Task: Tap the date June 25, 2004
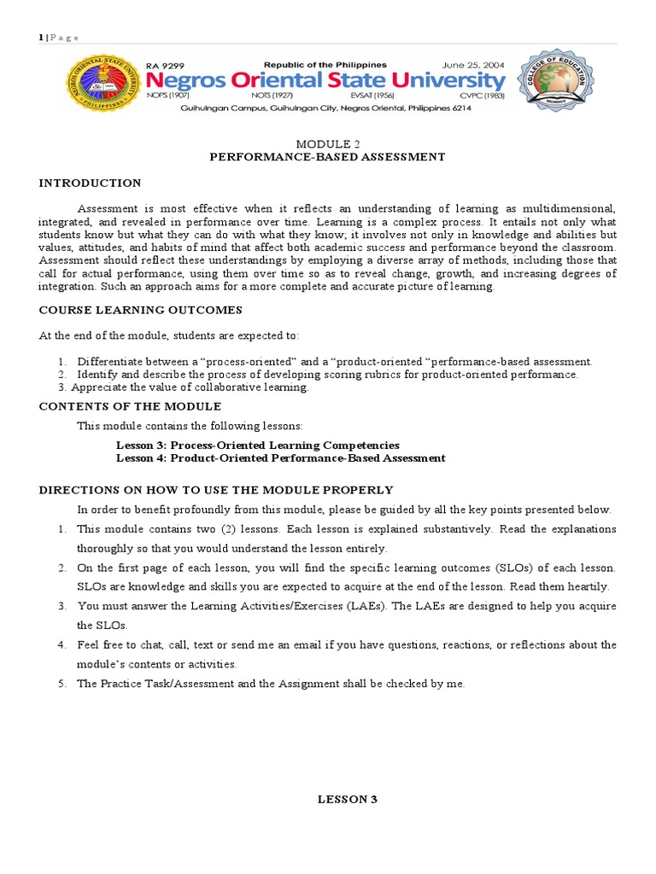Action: (472, 65)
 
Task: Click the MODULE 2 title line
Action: (327, 143)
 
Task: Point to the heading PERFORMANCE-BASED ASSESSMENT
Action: (328, 156)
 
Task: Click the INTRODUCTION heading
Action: (91, 184)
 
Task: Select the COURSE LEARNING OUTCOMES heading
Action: (141, 310)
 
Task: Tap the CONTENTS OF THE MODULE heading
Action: (130, 406)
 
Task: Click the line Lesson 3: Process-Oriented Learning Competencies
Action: (257, 446)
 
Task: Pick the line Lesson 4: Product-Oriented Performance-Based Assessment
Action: (280, 458)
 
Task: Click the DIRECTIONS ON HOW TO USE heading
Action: (216, 490)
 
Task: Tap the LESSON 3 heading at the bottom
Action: (348, 800)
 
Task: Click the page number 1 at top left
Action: (40, 37)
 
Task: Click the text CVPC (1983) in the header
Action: (483, 96)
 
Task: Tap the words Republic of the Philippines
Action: (325, 65)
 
